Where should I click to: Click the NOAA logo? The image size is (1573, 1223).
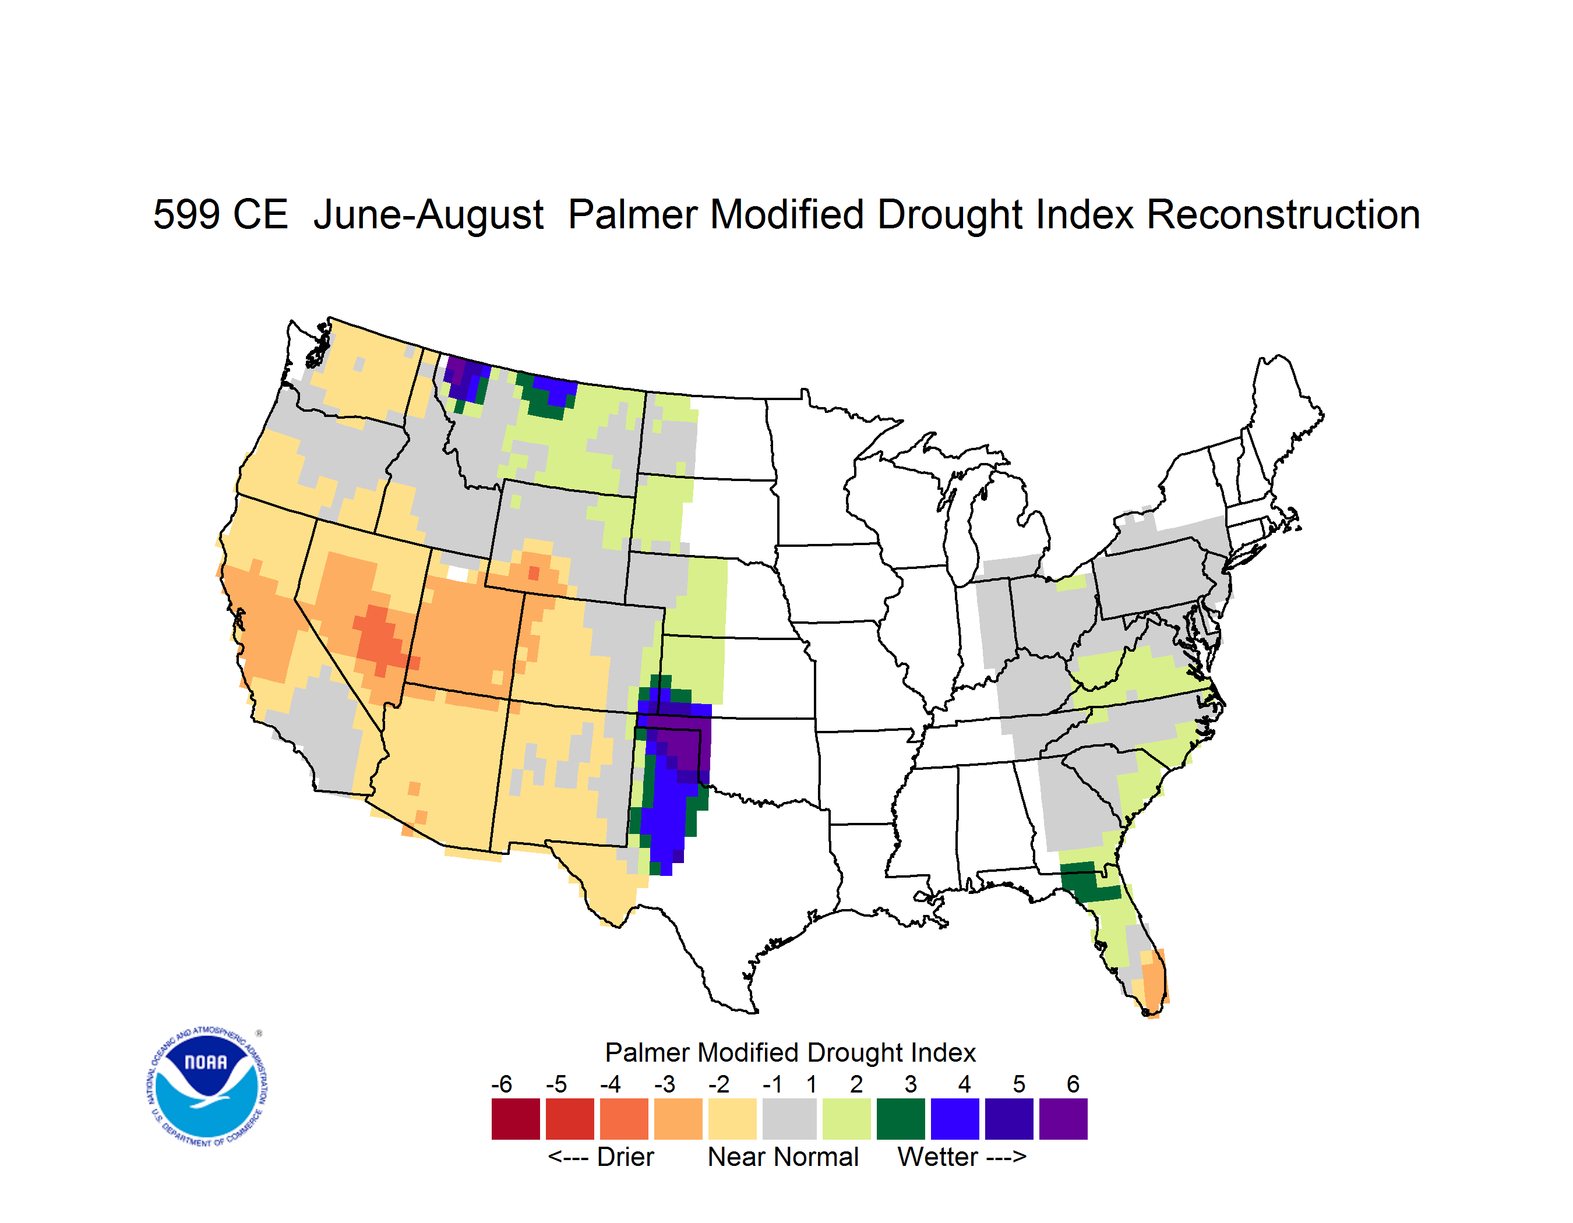tap(207, 1086)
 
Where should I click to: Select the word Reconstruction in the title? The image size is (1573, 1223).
tap(1283, 214)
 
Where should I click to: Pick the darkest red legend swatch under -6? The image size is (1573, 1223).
tap(516, 1119)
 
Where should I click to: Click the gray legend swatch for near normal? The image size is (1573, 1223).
tap(789, 1119)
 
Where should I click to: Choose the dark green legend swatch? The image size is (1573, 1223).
tap(900, 1119)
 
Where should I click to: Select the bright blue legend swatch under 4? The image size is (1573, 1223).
tap(955, 1119)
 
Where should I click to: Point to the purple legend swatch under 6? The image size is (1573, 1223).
tap(1063, 1119)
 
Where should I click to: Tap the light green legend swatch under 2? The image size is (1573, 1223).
tap(847, 1119)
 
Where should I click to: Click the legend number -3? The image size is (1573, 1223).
tap(664, 1084)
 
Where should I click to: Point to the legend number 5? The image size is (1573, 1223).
tap(1018, 1084)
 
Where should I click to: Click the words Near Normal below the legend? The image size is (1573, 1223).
tap(783, 1157)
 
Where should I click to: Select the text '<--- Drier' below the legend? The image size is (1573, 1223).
tap(601, 1157)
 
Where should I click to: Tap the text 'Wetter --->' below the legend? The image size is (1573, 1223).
tap(961, 1157)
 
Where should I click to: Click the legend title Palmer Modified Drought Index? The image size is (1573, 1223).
tap(790, 1052)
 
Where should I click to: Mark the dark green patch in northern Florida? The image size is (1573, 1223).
tap(1088, 882)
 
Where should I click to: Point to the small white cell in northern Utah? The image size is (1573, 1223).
tap(457, 573)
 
